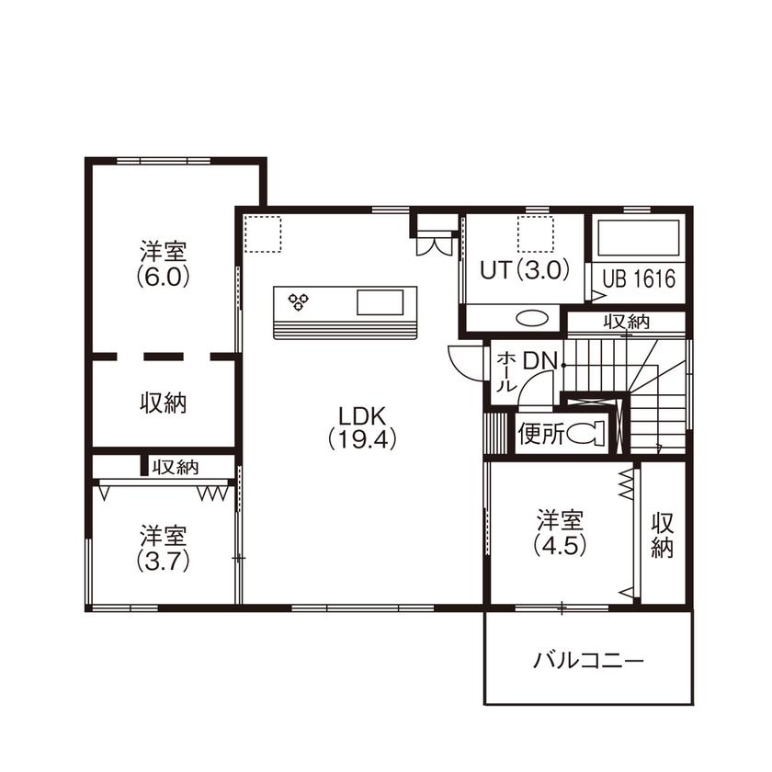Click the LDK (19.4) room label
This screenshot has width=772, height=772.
click(x=361, y=426)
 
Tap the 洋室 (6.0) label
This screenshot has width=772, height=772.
click(x=164, y=264)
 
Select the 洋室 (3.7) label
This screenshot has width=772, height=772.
click(x=164, y=548)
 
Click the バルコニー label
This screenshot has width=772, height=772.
click(x=588, y=660)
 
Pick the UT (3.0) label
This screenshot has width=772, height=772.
click(x=525, y=270)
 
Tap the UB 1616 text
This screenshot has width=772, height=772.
click(x=640, y=278)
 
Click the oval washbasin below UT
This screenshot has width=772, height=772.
click(x=532, y=318)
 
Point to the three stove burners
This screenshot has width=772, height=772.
click(x=299, y=300)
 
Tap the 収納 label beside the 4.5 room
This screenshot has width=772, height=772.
click(x=663, y=536)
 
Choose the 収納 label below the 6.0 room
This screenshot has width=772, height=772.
click(x=164, y=403)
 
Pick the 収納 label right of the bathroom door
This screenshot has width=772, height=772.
click(x=626, y=322)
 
